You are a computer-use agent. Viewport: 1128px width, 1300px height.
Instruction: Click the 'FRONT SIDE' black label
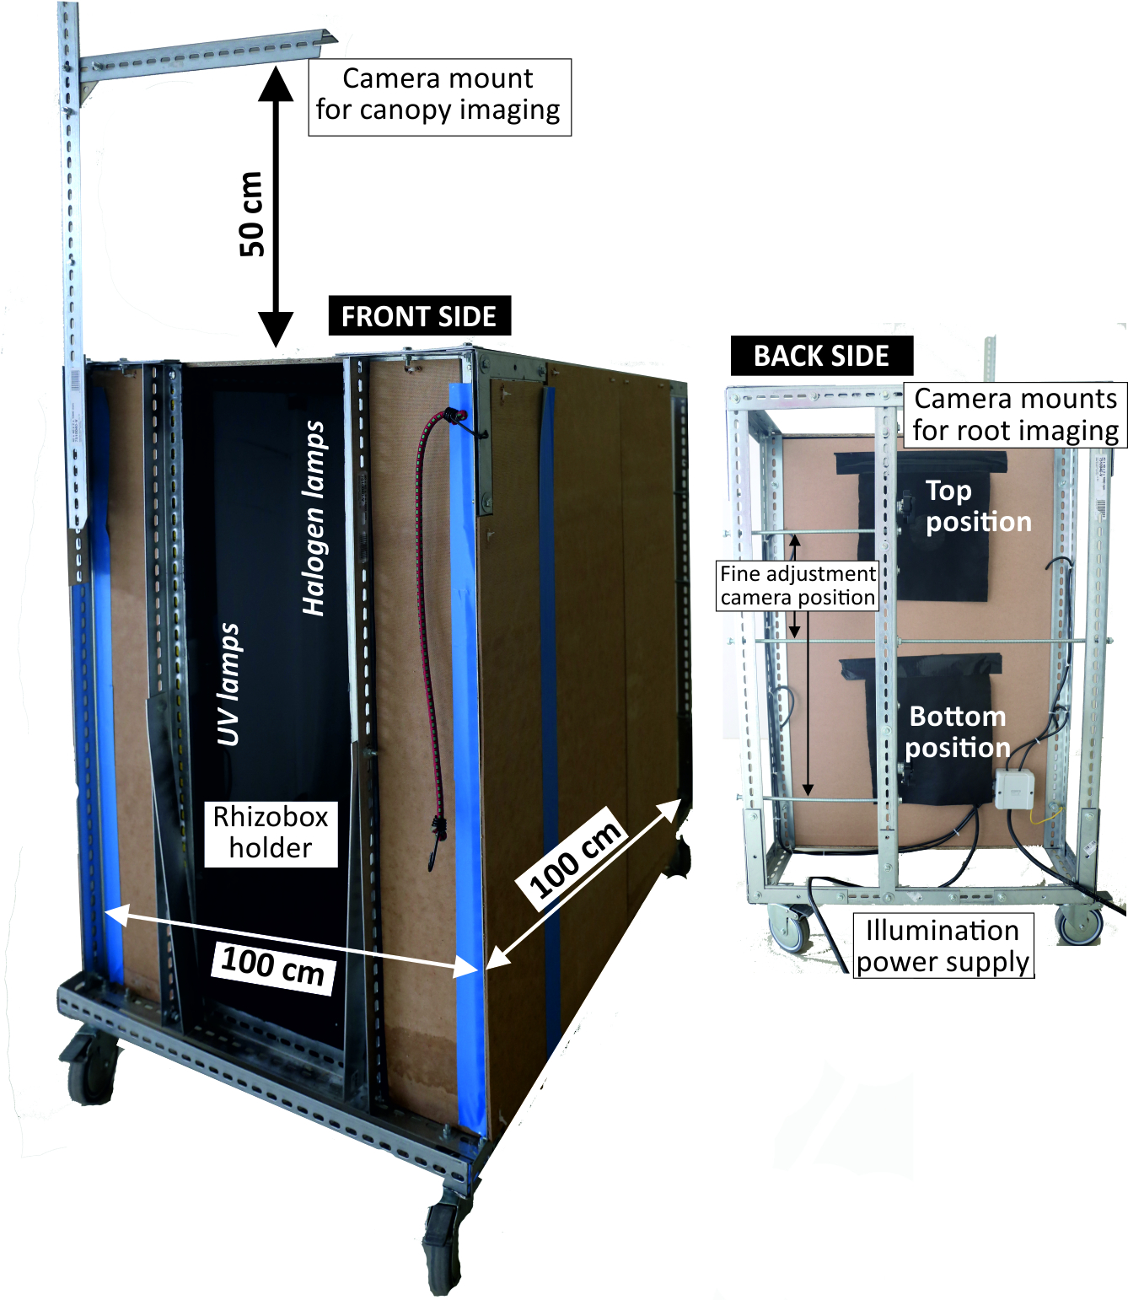(419, 316)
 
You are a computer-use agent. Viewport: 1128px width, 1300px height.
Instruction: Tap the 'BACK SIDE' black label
(821, 356)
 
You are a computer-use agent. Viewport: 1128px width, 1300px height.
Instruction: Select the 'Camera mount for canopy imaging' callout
(438, 95)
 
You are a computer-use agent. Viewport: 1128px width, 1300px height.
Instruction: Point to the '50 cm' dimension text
(252, 213)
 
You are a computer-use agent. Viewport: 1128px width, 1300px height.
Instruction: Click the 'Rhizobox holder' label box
(271, 833)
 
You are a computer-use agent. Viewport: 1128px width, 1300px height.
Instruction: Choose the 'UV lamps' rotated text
(228, 685)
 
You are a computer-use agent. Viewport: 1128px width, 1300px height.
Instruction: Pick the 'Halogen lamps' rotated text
(314, 518)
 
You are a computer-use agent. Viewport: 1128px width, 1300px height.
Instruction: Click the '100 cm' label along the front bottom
(273, 966)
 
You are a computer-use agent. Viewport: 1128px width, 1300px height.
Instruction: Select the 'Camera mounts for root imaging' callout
(1016, 414)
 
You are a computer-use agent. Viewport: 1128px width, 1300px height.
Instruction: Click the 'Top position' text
(978, 506)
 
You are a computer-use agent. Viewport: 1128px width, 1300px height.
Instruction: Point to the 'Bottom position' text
(958, 732)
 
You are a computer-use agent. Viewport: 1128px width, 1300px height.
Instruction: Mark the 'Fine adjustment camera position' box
(798, 585)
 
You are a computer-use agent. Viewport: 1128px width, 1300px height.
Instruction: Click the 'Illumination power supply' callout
(943, 946)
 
